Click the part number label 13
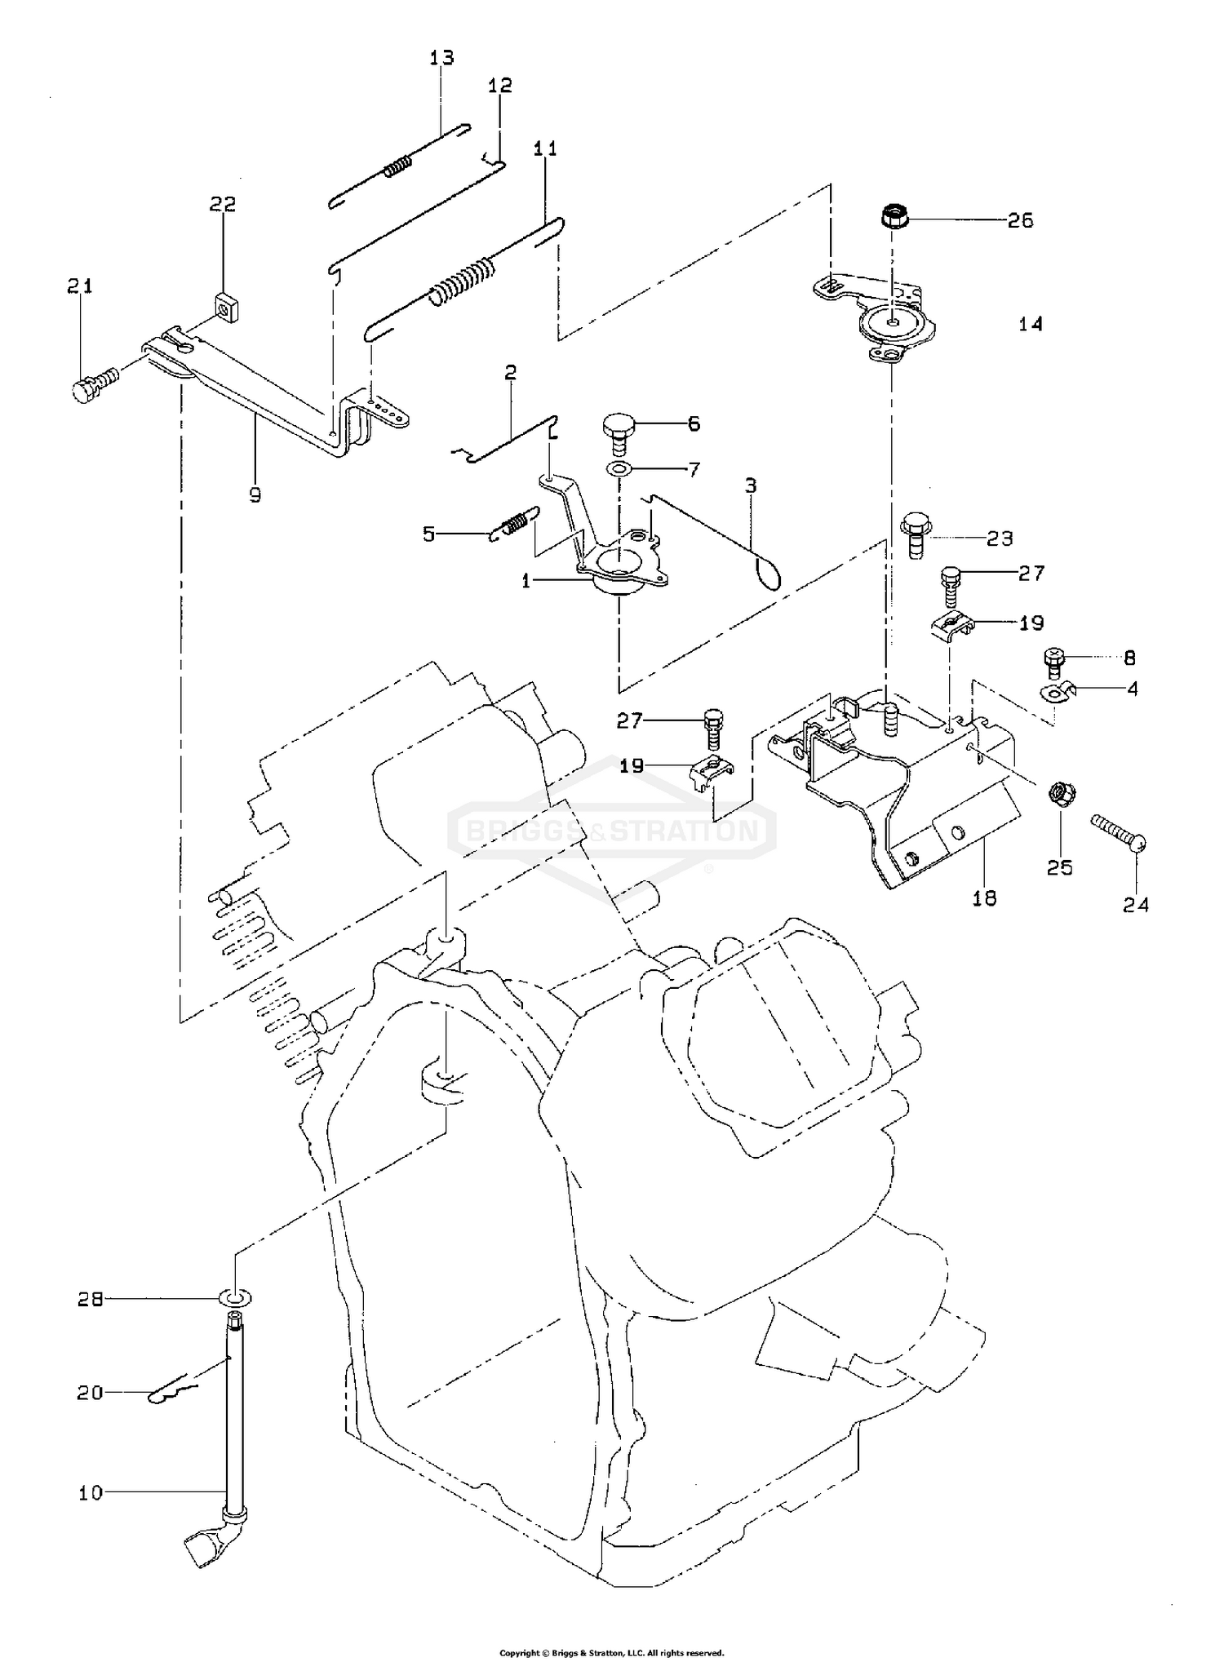click(x=441, y=58)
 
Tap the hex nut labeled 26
click(x=893, y=219)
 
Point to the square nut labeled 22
click(x=222, y=307)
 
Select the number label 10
click(x=91, y=1492)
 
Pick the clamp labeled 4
click(x=1058, y=693)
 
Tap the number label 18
click(x=985, y=897)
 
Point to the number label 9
click(x=255, y=494)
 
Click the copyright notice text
click(x=611, y=1653)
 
